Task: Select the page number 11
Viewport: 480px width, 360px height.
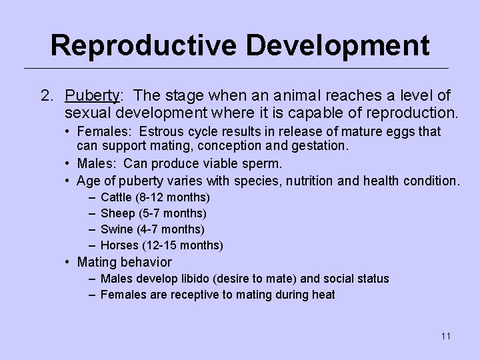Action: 445,336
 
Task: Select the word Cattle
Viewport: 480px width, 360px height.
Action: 116,197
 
